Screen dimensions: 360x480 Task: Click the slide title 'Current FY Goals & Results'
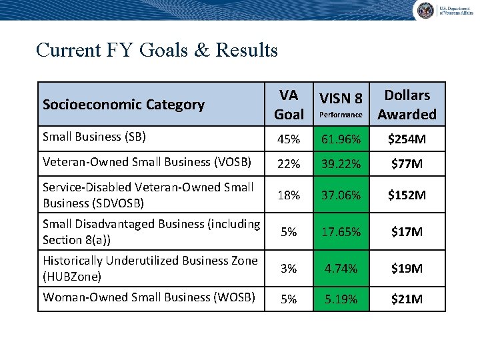click(x=157, y=50)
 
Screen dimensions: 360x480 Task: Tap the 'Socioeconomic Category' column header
click(x=123, y=105)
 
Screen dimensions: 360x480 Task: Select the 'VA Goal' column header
click(x=289, y=105)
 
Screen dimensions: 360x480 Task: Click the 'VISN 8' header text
click(x=341, y=99)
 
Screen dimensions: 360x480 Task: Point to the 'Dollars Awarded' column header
click(x=407, y=105)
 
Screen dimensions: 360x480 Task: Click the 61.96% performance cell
click(x=341, y=140)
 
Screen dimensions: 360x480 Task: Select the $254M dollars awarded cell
click(x=407, y=140)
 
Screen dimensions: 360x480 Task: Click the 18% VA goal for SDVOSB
click(x=289, y=195)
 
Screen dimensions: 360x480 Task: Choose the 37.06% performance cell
click(x=341, y=195)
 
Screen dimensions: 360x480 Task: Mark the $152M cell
click(x=407, y=195)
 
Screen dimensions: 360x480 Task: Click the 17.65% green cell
click(x=341, y=232)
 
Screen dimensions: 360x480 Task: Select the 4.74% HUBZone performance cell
click(x=341, y=269)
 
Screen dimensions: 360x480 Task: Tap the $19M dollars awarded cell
click(x=407, y=269)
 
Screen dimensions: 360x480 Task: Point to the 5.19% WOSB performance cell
click(x=341, y=299)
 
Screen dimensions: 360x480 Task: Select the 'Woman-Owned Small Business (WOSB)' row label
click(x=149, y=297)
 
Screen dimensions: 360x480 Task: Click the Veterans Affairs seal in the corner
click(x=425, y=10)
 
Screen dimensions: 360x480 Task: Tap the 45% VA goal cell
click(x=289, y=140)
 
